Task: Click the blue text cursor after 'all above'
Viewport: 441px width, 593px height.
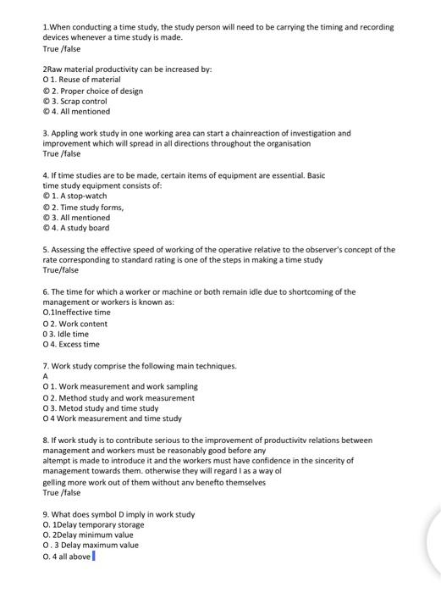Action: [x=93, y=557]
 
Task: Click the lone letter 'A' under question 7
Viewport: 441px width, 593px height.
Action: [x=46, y=376]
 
